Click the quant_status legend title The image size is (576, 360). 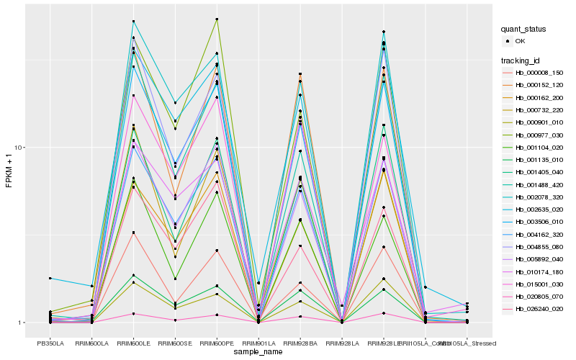(524, 30)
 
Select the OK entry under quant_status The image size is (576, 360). (520, 41)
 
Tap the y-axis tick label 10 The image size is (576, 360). (20, 148)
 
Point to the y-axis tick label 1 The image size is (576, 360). (22, 323)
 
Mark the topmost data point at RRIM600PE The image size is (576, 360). (217, 19)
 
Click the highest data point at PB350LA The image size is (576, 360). (50, 278)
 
